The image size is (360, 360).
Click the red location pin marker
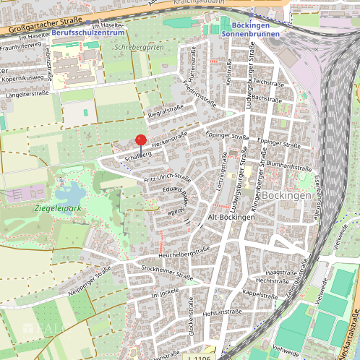click(141, 142)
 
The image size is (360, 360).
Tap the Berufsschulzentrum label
click(87, 32)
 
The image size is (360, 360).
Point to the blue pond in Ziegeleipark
click(70, 194)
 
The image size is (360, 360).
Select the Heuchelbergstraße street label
click(183, 252)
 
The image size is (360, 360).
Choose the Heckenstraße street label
click(170, 137)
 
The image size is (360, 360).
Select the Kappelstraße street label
click(260, 294)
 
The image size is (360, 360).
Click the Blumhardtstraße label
click(288, 166)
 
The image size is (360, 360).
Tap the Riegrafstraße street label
click(166, 110)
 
